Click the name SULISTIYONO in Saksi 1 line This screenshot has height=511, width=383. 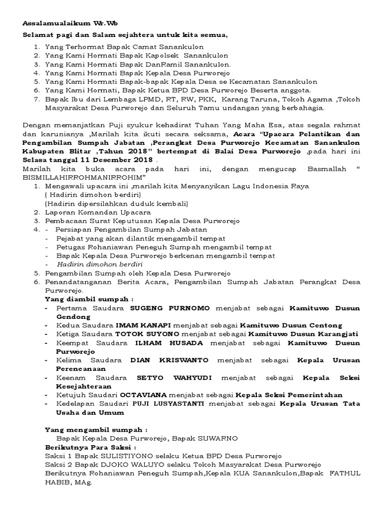tap(114, 456)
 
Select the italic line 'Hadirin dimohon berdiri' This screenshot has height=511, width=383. tap(100, 264)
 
